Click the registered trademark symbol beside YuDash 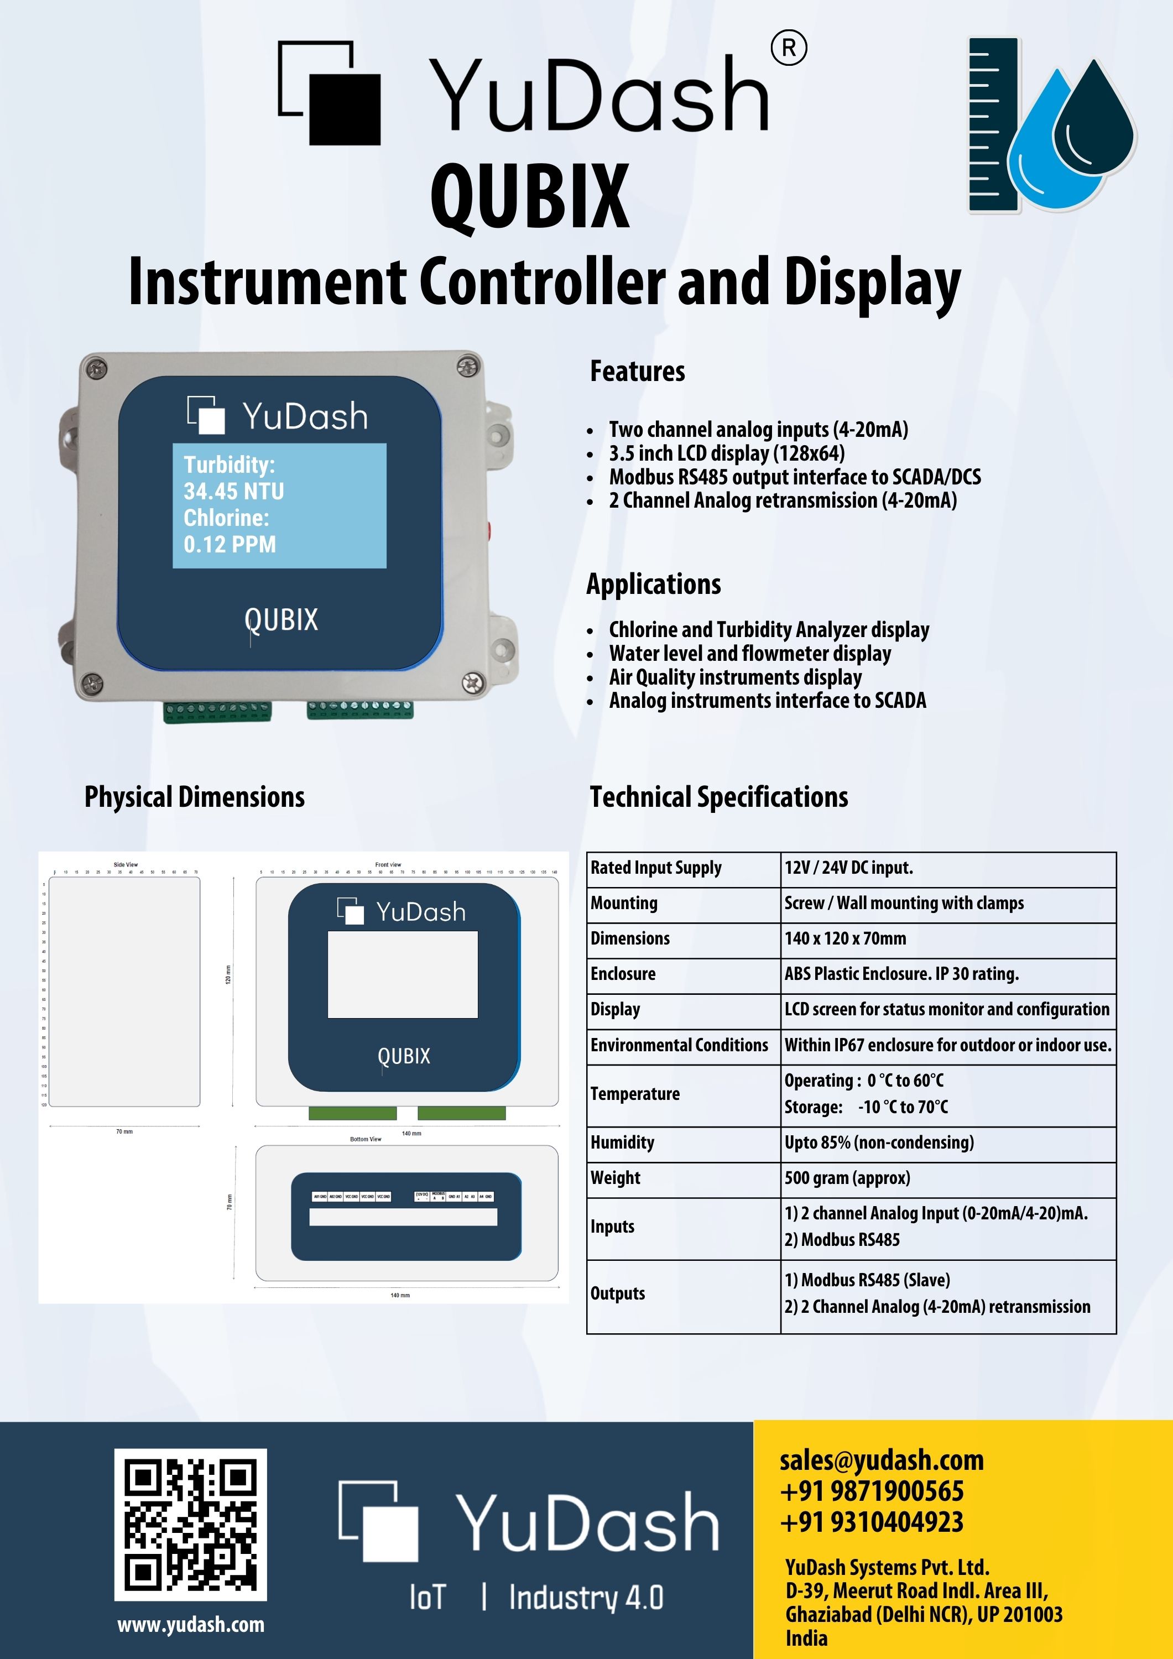[789, 49]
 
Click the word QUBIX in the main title [530, 196]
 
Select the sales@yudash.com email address [881, 1460]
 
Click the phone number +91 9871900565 [872, 1491]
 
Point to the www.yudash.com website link [191, 1625]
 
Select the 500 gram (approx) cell [847, 1178]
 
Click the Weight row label [615, 1178]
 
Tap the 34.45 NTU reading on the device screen [233, 492]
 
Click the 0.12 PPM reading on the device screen [230, 544]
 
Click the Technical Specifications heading [718, 797]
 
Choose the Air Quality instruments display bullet [735, 677]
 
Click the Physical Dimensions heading [195, 797]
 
